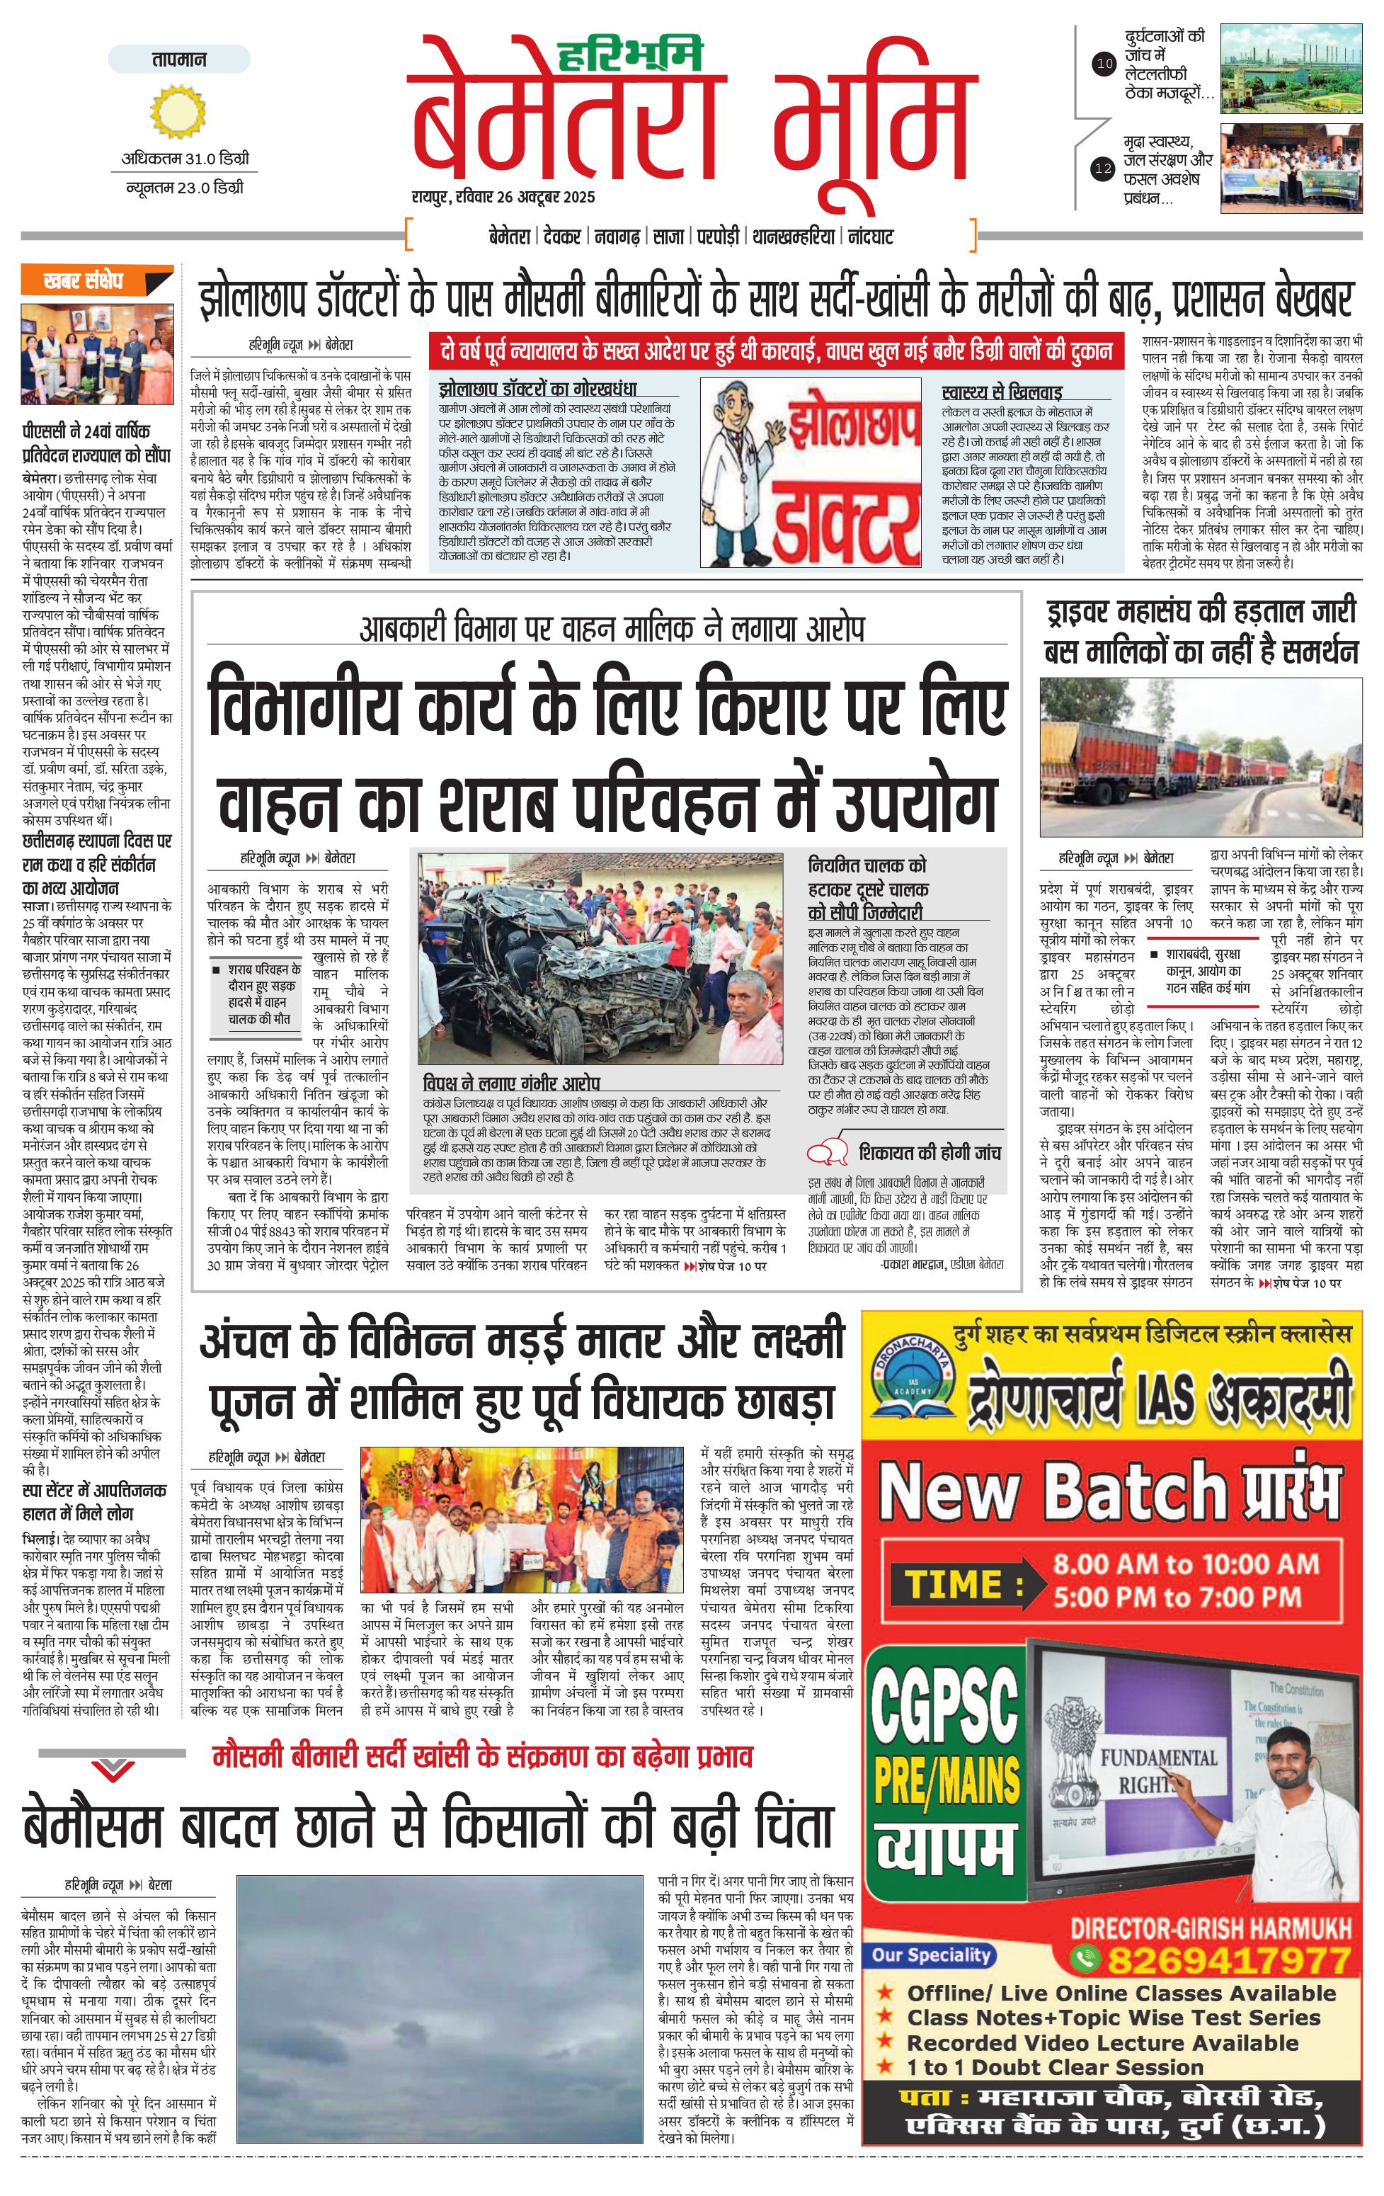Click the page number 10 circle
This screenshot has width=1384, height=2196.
pyautogui.click(x=1104, y=64)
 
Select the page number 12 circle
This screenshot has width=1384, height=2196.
pyautogui.click(x=1104, y=169)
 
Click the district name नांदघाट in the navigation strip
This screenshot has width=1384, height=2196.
pyautogui.click(x=871, y=237)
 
